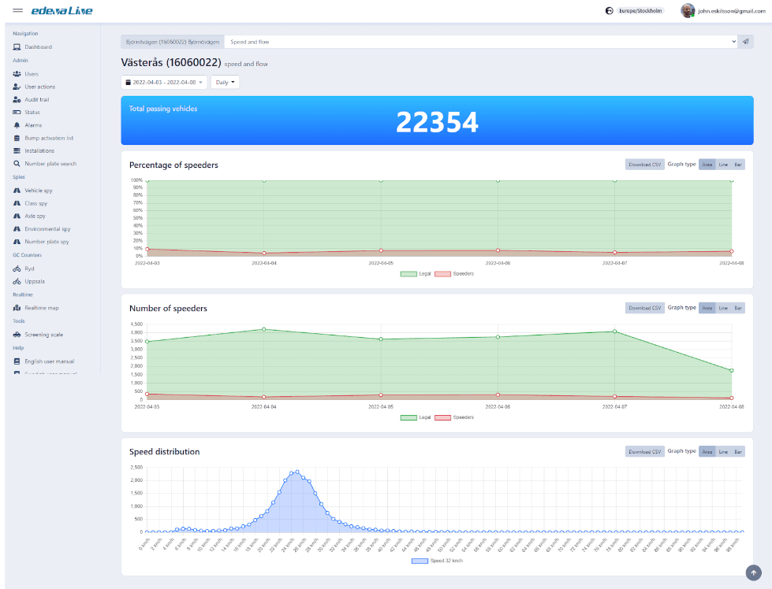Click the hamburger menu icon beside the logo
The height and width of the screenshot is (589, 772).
18,11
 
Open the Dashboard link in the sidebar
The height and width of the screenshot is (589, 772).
37,47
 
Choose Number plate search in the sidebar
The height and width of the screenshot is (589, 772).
50,164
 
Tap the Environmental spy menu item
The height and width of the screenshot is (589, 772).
47,229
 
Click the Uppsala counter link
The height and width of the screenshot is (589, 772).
35,281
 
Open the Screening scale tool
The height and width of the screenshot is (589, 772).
43,335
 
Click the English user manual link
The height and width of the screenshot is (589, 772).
49,361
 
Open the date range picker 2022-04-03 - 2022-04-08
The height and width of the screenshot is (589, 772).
164,82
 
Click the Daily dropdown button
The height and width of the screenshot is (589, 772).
225,82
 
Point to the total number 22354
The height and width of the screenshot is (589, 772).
437,122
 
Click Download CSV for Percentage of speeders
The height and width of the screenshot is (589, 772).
644,165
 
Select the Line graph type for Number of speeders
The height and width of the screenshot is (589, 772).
723,308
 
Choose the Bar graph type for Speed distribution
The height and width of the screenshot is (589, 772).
738,452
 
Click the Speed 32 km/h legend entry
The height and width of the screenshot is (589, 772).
436,561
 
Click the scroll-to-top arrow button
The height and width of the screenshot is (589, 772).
753,572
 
